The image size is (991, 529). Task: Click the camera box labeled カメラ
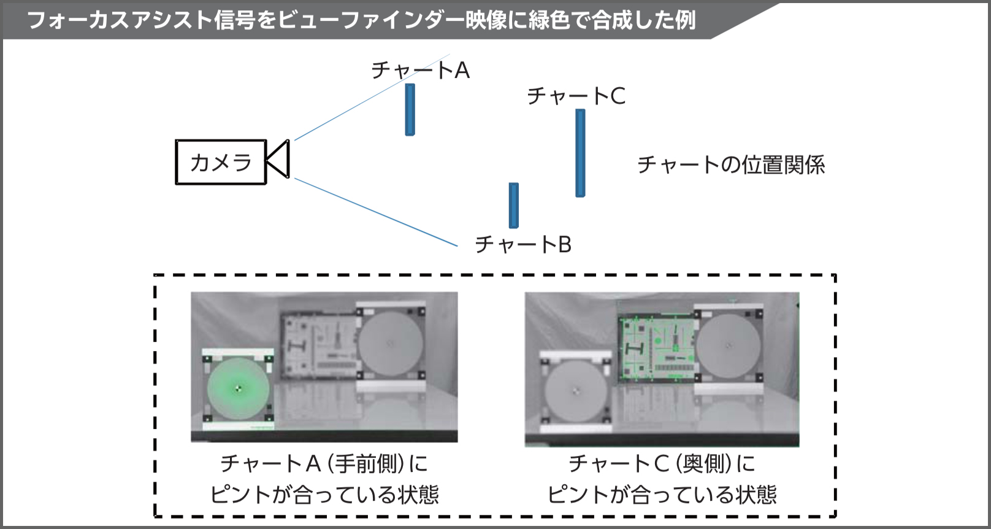pyautogui.click(x=221, y=162)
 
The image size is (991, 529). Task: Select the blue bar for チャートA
pyautogui.click(x=410, y=109)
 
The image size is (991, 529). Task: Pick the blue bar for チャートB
pyautogui.click(x=514, y=206)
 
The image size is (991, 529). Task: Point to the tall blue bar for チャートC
pyautogui.click(x=580, y=153)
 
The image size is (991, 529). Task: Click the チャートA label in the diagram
pyautogui.click(x=420, y=71)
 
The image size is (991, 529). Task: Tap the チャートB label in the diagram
pyautogui.click(x=523, y=244)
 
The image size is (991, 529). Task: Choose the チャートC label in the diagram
pyautogui.click(x=576, y=96)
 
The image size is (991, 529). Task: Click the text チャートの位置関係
pyautogui.click(x=731, y=164)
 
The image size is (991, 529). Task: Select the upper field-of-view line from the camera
pyautogui.click(x=372, y=97)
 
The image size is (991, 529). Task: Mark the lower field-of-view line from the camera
pyautogui.click(x=376, y=212)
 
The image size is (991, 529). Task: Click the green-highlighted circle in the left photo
pyautogui.click(x=238, y=389)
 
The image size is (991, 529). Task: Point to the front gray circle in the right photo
pyautogui.click(x=575, y=391)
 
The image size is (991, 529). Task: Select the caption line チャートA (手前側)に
pyautogui.click(x=324, y=463)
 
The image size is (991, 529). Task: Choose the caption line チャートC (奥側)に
pyautogui.click(x=662, y=463)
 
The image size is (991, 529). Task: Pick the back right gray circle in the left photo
pyautogui.click(x=390, y=344)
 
